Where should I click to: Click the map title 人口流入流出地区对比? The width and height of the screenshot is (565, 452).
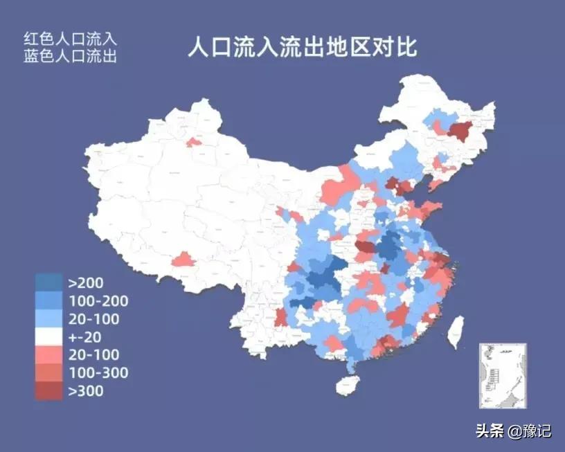click(x=303, y=48)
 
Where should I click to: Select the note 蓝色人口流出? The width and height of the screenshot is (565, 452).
click(x=70, y=56)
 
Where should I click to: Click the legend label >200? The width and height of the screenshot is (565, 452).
click(x=86, y=282)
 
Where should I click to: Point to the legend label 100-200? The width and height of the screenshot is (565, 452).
click(x=98, y=300)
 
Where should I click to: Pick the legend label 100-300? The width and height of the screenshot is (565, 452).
click(x=98, y=373)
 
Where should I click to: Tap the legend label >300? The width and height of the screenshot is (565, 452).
click(x=86, y=391)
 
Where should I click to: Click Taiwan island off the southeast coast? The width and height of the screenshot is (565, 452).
click(x=455, y=332)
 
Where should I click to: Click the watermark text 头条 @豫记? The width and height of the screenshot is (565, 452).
click(x=513, y=431)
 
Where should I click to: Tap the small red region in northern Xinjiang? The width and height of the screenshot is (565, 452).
click(x=195, y=142)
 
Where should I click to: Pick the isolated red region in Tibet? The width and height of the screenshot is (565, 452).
click(x=183, y=260)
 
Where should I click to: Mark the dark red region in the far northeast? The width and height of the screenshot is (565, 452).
click(x=459, y=131)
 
